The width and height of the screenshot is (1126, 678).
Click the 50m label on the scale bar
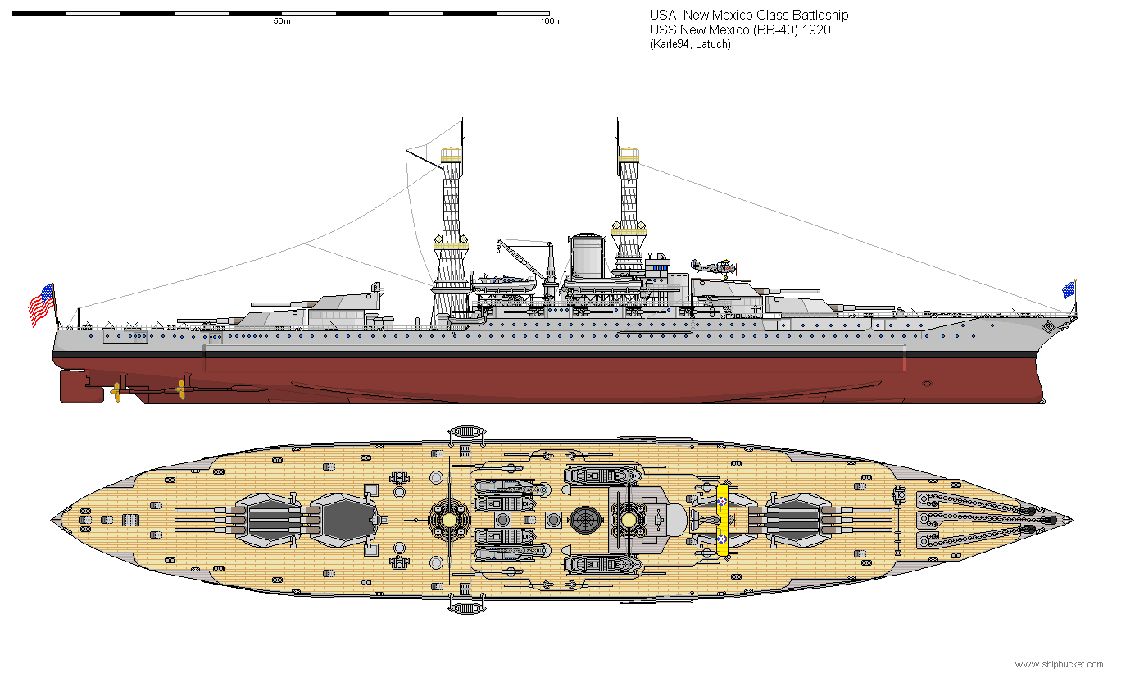point(281,22)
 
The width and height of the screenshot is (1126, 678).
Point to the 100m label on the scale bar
point(551,22)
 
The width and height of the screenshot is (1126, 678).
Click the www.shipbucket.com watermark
point(1059,664)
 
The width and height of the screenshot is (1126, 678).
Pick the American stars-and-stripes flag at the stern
point(42,304)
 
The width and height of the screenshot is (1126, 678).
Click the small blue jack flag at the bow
point(1068,289)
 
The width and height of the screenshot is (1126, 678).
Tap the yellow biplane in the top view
point(722,520)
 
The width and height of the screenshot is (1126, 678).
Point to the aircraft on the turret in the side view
point(712,266)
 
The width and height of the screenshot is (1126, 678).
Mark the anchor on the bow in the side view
point(1049,327)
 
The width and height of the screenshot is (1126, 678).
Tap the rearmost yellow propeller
point(116,392)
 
